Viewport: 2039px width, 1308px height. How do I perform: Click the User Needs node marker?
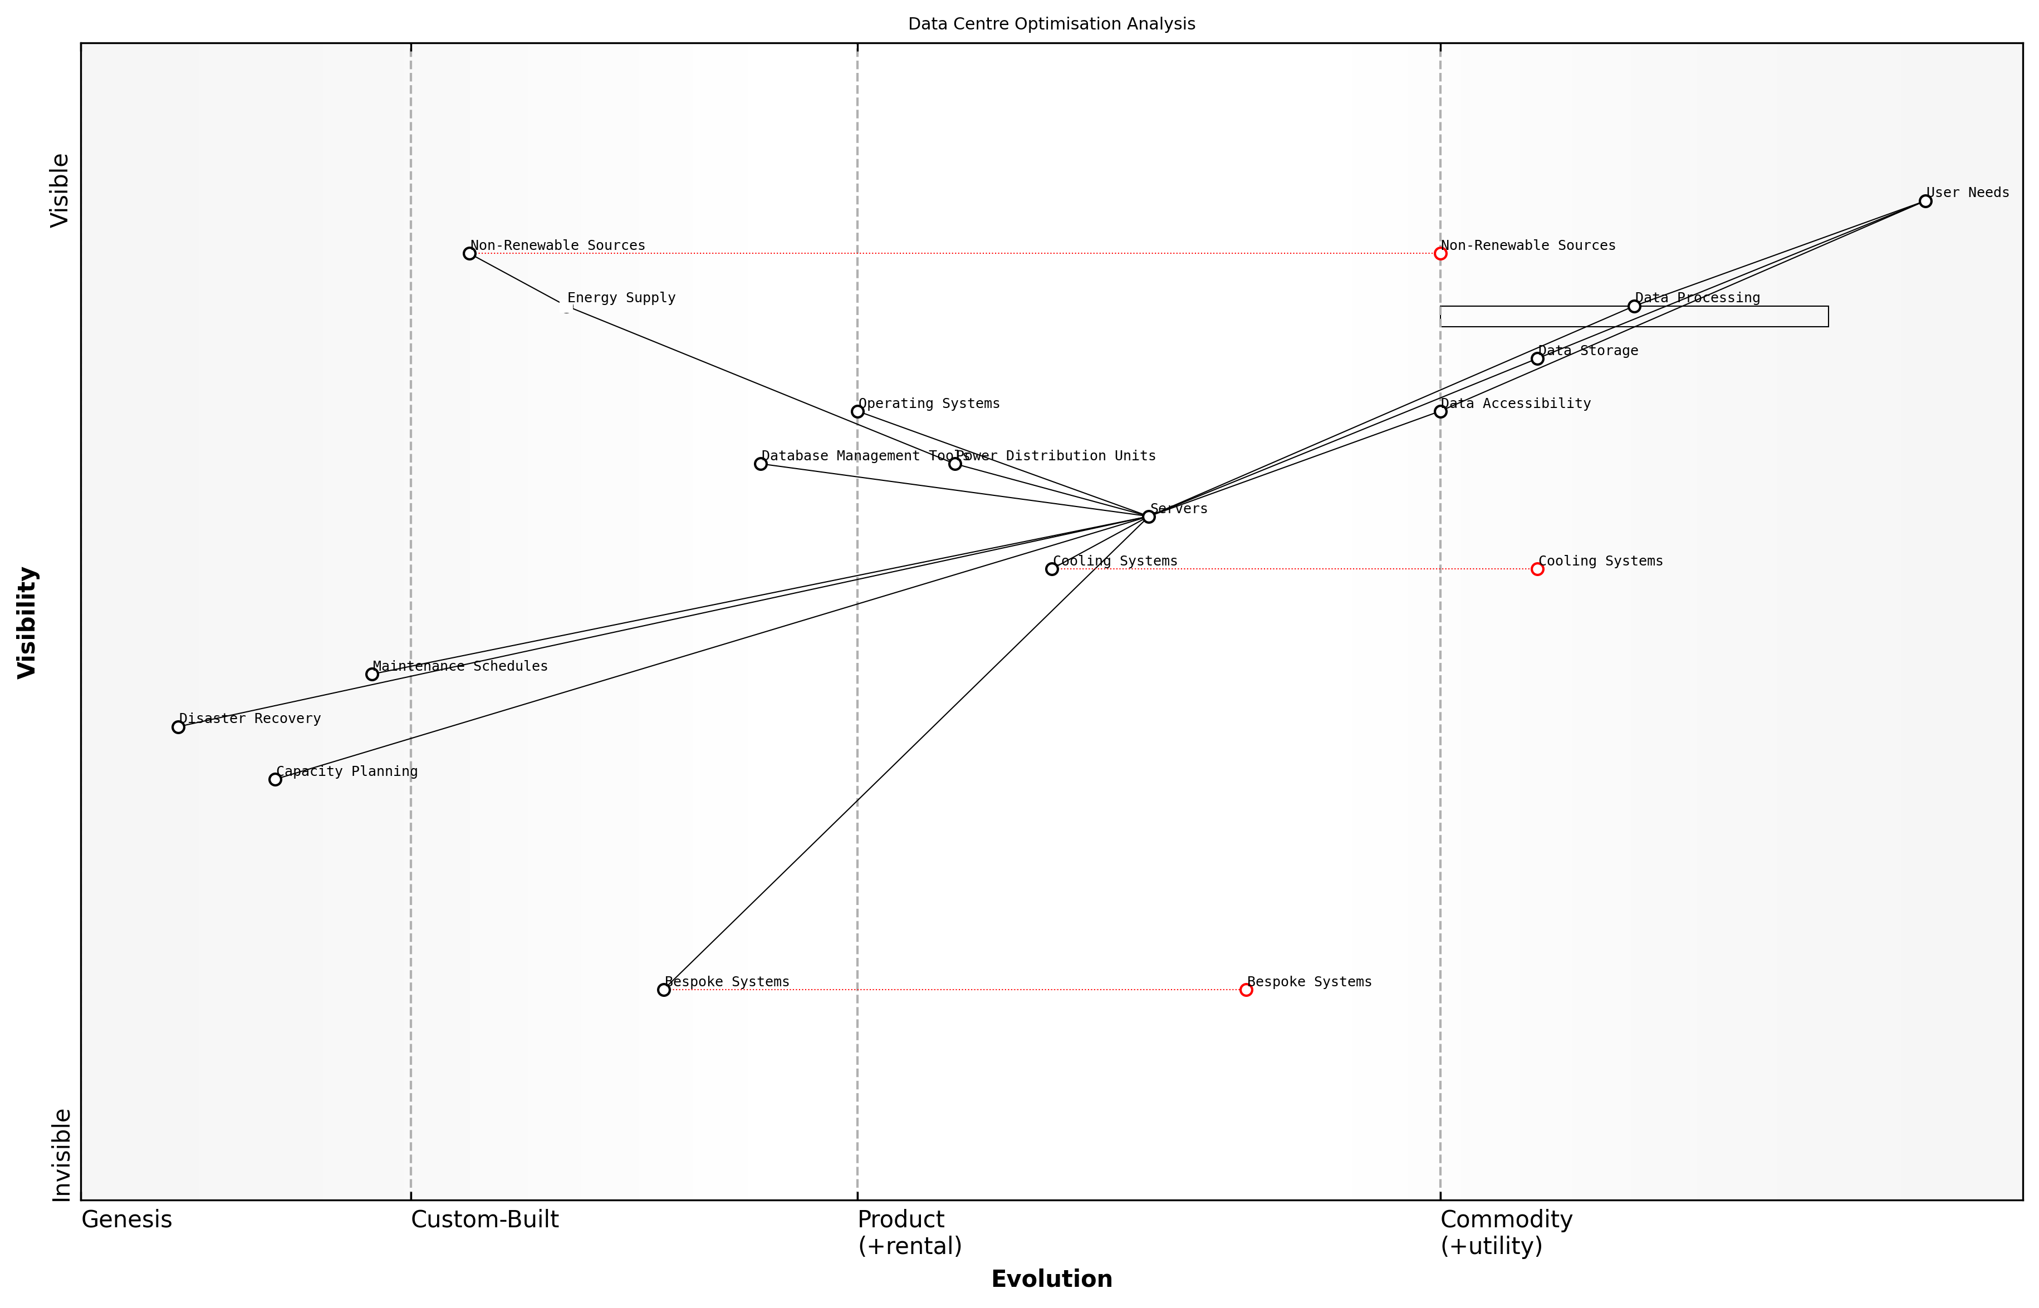point(1925,201)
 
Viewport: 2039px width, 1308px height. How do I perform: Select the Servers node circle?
point(1149,517)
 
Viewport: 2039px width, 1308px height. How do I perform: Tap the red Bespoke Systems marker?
point(1246,990)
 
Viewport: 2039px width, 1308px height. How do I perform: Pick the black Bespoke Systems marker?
point(664,990)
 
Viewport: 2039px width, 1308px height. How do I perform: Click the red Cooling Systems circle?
point(1537,569)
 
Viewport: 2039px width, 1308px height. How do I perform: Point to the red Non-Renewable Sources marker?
point(1440,253)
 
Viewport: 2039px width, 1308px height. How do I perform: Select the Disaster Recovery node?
point(178,727)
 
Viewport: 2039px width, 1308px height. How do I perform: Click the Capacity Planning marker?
point(275,779)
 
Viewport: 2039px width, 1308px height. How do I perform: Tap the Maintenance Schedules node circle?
point(372,675)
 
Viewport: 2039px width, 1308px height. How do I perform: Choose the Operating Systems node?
point(857,412)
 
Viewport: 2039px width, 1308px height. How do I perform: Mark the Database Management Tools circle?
point(761,464)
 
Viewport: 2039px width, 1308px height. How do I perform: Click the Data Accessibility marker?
point(1440,412)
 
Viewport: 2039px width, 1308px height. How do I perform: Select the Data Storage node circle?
point(1537,358)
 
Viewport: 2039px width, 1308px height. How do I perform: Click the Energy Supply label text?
point(621,298)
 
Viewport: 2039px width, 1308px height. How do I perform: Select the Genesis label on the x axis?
point(126,1220)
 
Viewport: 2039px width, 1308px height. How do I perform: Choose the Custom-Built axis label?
point(484,1220)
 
